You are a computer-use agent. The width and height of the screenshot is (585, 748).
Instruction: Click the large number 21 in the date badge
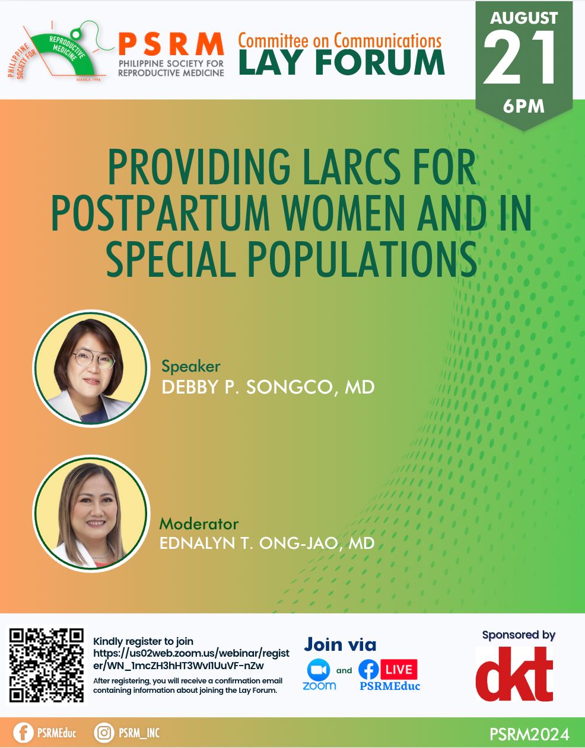pos(520,57)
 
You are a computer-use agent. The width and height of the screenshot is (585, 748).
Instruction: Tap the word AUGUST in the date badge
pos(524,18)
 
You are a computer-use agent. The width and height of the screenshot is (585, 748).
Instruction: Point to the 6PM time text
pos(524,106)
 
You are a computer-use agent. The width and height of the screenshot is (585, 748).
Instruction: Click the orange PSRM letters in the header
pos(171,44)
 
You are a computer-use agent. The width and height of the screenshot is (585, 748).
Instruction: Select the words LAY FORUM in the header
pos(342,62)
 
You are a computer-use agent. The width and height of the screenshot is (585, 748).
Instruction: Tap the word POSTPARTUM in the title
pos(160,213)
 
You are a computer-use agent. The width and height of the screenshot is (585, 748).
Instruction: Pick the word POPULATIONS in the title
pos(363,258)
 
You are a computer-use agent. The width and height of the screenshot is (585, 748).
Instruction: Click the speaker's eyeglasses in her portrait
pos(94,359)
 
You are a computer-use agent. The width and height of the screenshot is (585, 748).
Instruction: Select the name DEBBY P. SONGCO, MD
pos(268,387)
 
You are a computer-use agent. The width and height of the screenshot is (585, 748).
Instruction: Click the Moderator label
pos(199,524)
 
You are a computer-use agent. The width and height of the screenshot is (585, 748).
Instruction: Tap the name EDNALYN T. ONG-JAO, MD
pos(267,543)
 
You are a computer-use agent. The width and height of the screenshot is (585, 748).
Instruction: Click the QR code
pos(46,666)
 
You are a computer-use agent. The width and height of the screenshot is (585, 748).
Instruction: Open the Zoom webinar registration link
pos(191,659)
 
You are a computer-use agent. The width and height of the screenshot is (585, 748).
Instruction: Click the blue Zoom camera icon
pos(319,670)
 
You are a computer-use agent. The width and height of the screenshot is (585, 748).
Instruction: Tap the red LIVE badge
pos(399,670)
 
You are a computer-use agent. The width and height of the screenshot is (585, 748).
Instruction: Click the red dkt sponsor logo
pos(514,674)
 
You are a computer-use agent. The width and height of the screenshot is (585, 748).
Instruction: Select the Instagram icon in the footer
pos(104,733)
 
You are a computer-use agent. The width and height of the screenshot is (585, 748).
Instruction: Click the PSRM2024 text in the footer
pos(530,733)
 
